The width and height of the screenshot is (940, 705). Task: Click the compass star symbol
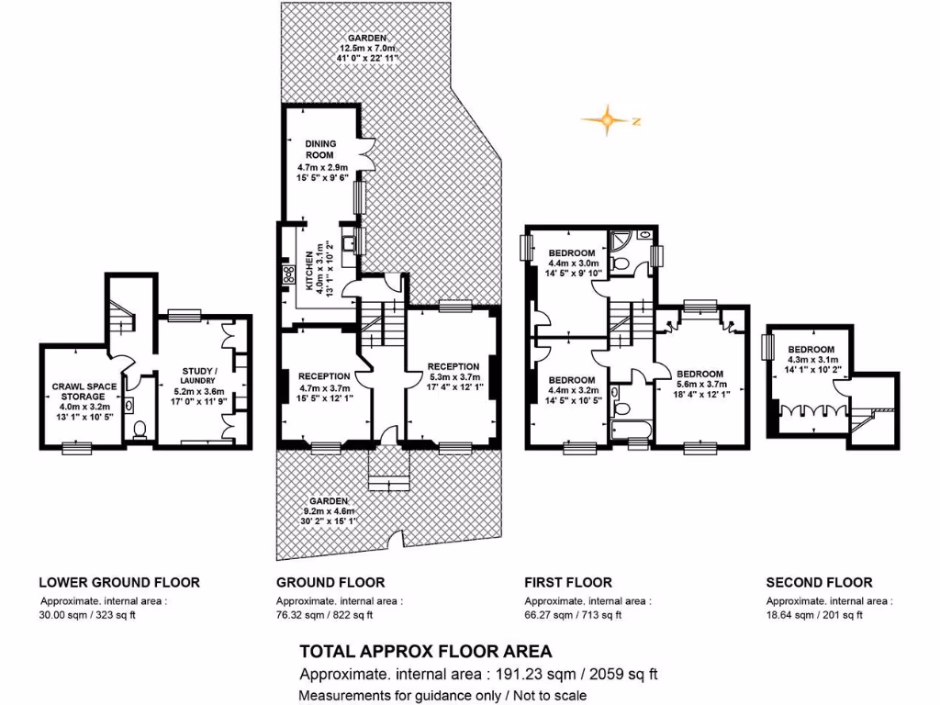[608, 120]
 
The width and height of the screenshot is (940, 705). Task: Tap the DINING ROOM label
[315, 150]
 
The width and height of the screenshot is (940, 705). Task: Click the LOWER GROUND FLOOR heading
[118, 582]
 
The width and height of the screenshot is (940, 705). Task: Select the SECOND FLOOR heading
[819, 582]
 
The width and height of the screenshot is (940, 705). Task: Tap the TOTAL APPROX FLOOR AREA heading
[426, 652]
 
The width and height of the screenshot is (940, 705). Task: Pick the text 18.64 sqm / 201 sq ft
[814, 615]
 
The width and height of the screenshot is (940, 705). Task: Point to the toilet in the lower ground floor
[140, 429]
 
